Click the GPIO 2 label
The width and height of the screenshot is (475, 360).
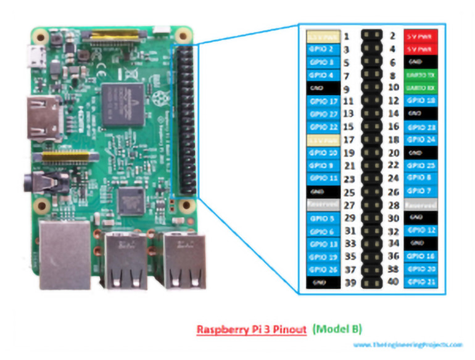pyautogui.click(x=323, y=49)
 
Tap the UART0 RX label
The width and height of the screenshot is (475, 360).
pyautogui.click(x=421, y=88)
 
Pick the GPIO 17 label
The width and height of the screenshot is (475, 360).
pyautogui.click(x=323, y=101)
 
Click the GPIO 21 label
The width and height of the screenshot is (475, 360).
pyautogui.click(x=421, y=282)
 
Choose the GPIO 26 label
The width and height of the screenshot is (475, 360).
pyautogui.click(x=323, y=269)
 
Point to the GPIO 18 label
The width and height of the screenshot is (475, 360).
pyautogui.click(x=421, y=101)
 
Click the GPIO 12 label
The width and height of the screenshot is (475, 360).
pyautogui.click(x=421, y=230)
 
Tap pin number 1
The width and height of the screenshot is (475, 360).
pyautogui.click(x=347, y=36)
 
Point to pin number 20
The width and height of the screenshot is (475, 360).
pyautogui.click(x=392, y=153)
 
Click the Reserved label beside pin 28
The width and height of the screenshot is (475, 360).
pyautogui.click(x=421, y=204)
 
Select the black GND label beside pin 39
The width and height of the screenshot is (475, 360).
pyautogui.click(x=323, y=282)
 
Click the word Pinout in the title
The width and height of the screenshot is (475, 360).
pyautogui.click(x=287, y=329)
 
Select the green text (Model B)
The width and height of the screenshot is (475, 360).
pyautogui.click(x=337, y=329)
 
